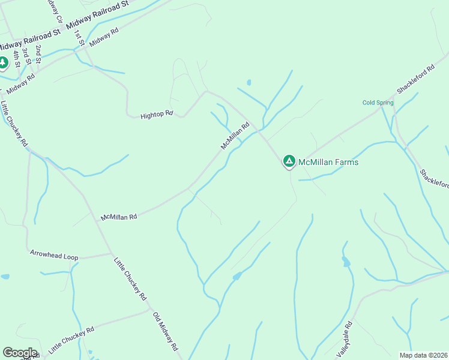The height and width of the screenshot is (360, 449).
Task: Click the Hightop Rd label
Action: coord(157,113)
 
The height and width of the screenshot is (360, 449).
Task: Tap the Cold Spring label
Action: coord(378,103)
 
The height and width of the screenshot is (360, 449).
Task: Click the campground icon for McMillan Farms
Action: coord(289,161)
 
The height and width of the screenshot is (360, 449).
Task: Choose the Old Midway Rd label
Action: coord(166,332)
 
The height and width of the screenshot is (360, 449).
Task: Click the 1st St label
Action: coord(77,36)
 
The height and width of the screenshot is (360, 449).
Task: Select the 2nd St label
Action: coord(38,54)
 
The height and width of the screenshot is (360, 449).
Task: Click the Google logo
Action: coord(20,353)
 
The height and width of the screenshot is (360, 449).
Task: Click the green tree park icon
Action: coord(3,62)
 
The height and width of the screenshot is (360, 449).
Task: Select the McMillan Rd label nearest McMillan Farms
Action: coord(235,136)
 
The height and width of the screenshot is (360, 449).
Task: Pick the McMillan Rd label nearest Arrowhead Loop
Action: coord(119,216)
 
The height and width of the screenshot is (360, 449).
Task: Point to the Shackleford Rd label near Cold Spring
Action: coord(415,79)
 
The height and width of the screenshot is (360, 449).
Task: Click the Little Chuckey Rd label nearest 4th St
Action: coord(14,124)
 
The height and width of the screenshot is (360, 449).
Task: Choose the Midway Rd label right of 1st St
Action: coord(104,38)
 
